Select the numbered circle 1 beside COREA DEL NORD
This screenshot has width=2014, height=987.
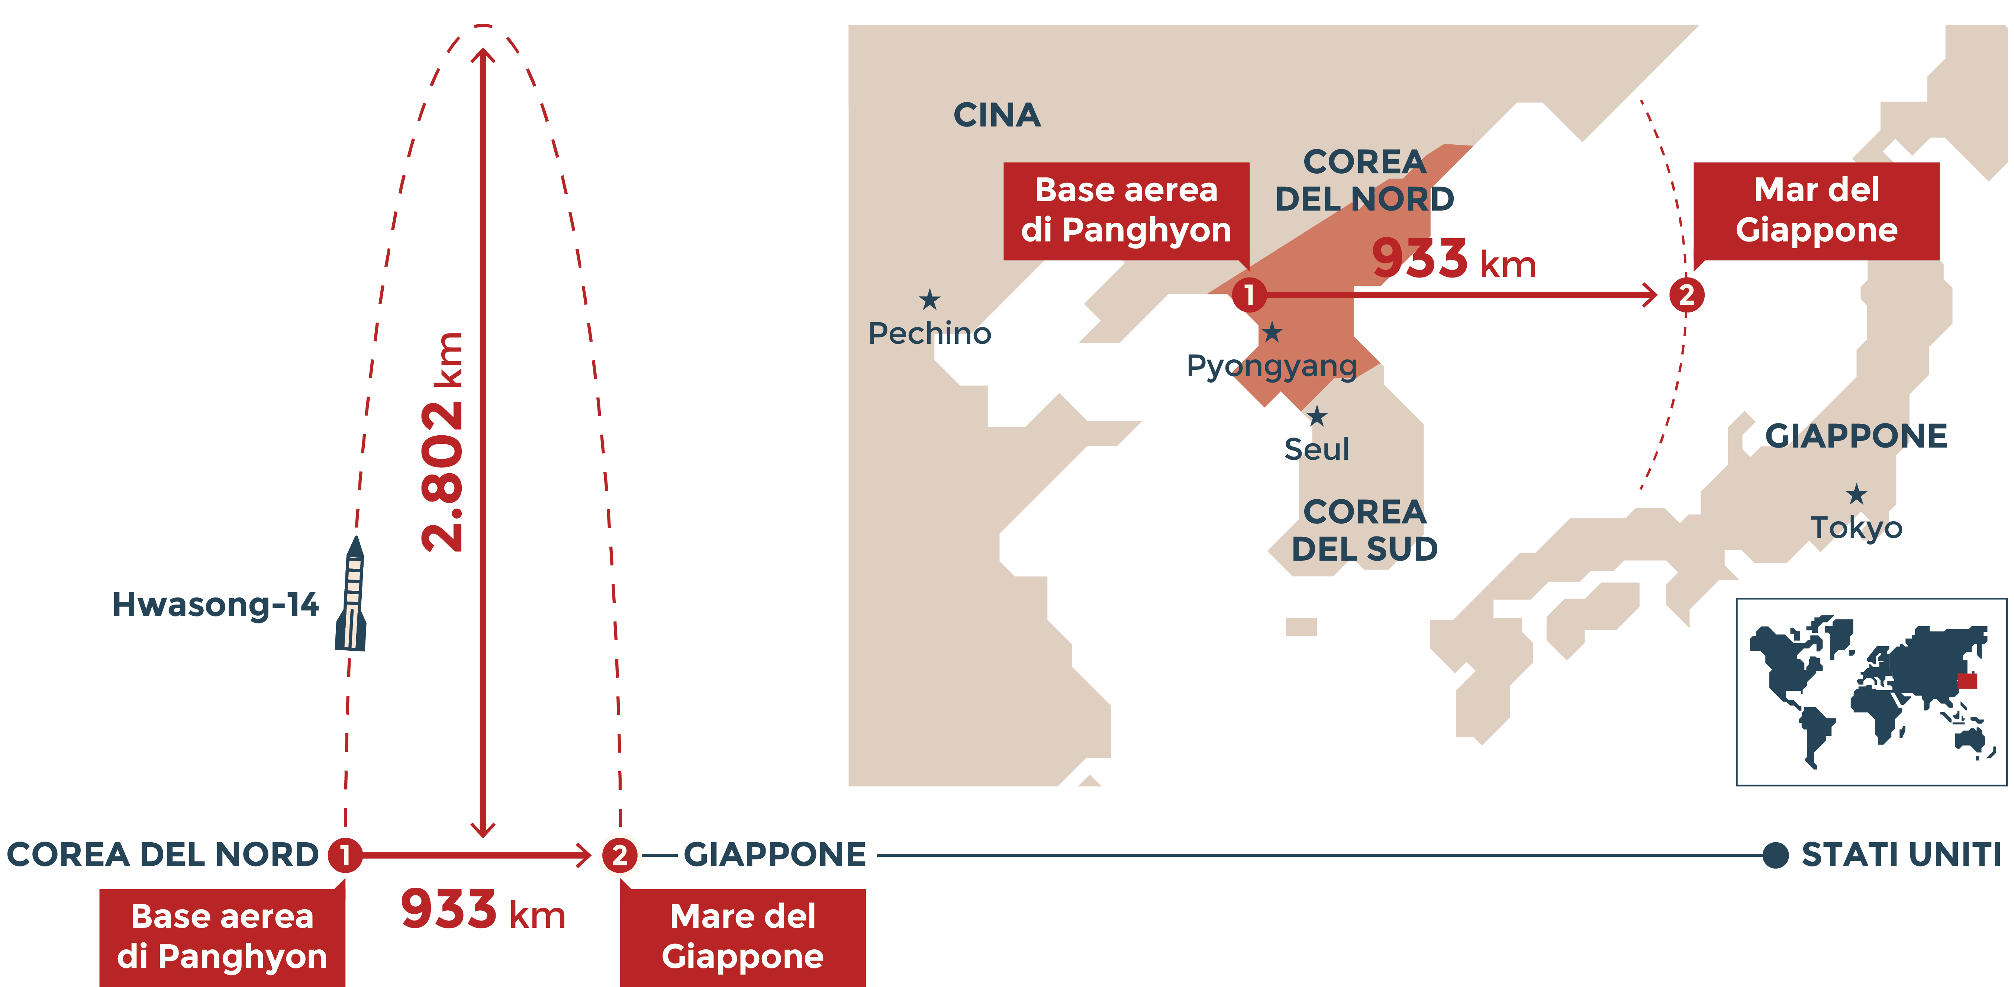[x=345, y=855]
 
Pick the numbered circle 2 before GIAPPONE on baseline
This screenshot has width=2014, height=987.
[x=619, y=855]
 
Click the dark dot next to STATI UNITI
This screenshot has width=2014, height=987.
[x=1776, y=855]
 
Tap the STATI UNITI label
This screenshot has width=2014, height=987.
[x=1901, y=855]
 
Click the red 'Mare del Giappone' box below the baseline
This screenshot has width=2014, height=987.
[x=743, y=936]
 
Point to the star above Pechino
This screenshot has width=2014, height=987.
[x=929, y=299]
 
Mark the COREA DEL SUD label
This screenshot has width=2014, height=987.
[x=1364, y=530]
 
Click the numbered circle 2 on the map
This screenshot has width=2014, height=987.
[x=1686, y=295]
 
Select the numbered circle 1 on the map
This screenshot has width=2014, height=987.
[x=1248, y=295]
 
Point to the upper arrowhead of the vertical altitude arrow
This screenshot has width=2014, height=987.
[x=483, y=55]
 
